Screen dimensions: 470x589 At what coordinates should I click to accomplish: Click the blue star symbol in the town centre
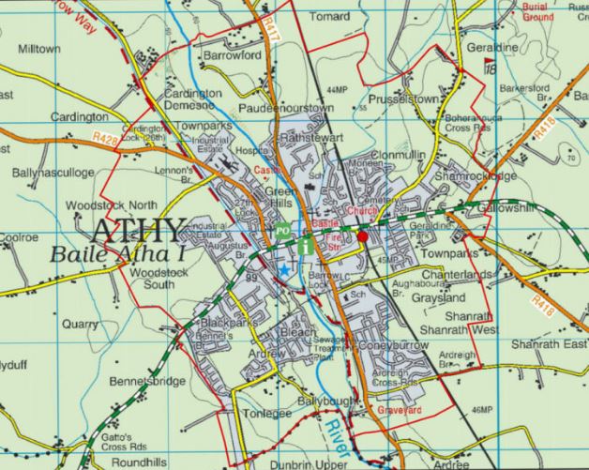284,270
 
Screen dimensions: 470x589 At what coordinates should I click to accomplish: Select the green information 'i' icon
308,246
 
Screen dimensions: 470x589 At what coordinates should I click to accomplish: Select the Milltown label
39,48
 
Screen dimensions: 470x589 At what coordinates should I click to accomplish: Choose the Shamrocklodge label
477,176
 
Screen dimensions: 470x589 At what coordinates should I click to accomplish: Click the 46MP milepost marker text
482,410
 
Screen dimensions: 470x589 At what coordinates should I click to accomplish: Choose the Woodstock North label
111,205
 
